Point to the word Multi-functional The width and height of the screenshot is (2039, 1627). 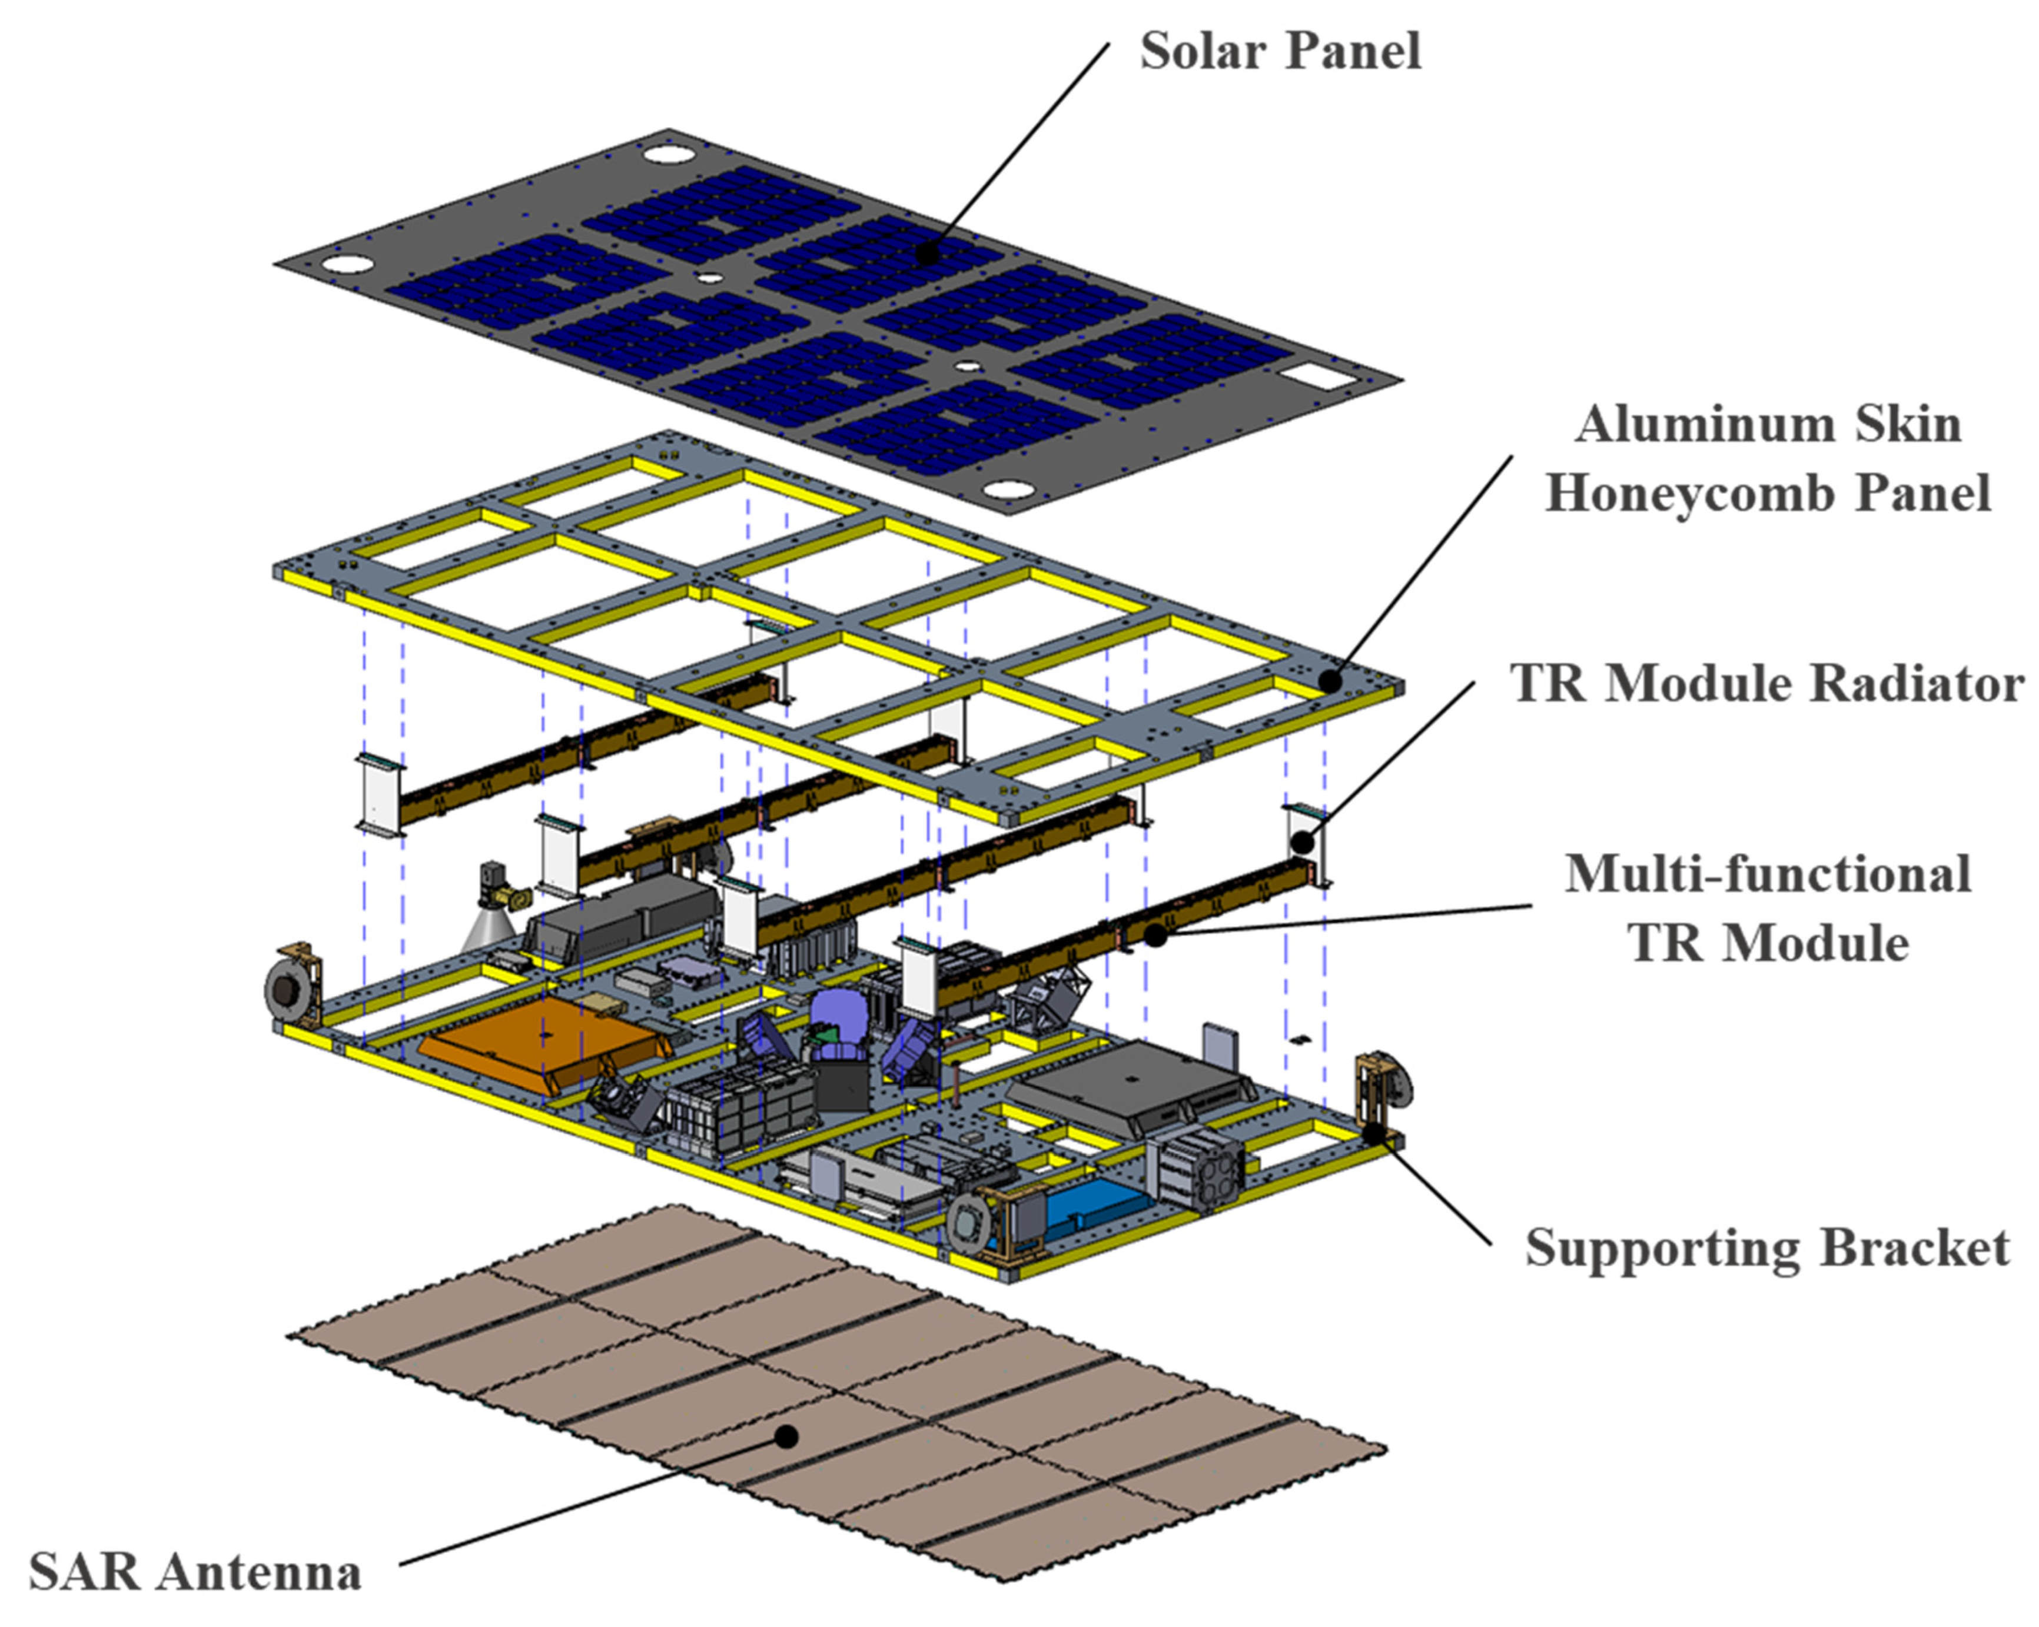pyautogui.click(x=1768, y=874)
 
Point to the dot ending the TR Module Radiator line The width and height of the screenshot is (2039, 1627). pyautogui.click(x=1303, y=840)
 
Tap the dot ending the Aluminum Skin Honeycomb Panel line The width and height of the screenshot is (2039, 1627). pyautogui.click(x=1331, y=681)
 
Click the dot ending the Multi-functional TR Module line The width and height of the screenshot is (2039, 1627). pyautogui.click(x=1155, y=935)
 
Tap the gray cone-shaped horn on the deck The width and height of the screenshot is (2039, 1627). pyautogui.click(x=487, y=931)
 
